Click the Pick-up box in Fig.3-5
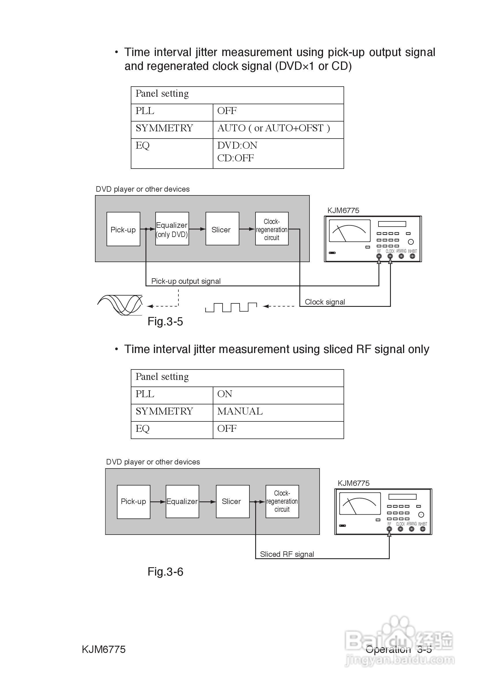(x=123, y=229)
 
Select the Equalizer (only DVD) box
(x=172, y=229)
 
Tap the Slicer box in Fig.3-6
(x=232, y=501)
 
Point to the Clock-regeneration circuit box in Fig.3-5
(x=272, y=229)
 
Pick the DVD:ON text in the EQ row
(x=237, y=145)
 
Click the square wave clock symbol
(x=231, y=307)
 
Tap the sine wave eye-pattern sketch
(x=120, y=305)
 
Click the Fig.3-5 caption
(x=165, y=322)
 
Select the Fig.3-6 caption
(x=165, y=572)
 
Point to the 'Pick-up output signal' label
(x=186, y=281)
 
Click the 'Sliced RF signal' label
(x=287, y=554)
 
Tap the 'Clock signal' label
(x=325, y=302)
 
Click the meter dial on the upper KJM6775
(x=350, y=231)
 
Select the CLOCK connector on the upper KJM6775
(x=390, y=256)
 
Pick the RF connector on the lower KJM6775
(x=389, y=529)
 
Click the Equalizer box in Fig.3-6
(x=182, y=501)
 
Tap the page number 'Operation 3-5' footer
(x=398, y=649)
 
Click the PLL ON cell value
(x=225, y=394)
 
